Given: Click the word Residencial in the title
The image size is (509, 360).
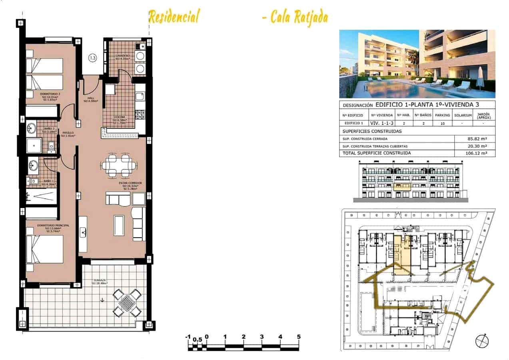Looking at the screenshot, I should [174, 17].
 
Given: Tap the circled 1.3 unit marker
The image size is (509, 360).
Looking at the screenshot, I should [92, 58].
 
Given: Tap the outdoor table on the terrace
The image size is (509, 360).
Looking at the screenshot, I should [127, 302].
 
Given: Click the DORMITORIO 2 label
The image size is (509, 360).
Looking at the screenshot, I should [50, 95].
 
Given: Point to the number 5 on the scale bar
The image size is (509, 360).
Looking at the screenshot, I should [299, 337].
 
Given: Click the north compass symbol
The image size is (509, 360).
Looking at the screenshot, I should [482, 341].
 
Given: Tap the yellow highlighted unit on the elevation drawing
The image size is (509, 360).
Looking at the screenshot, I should [403, 186].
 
